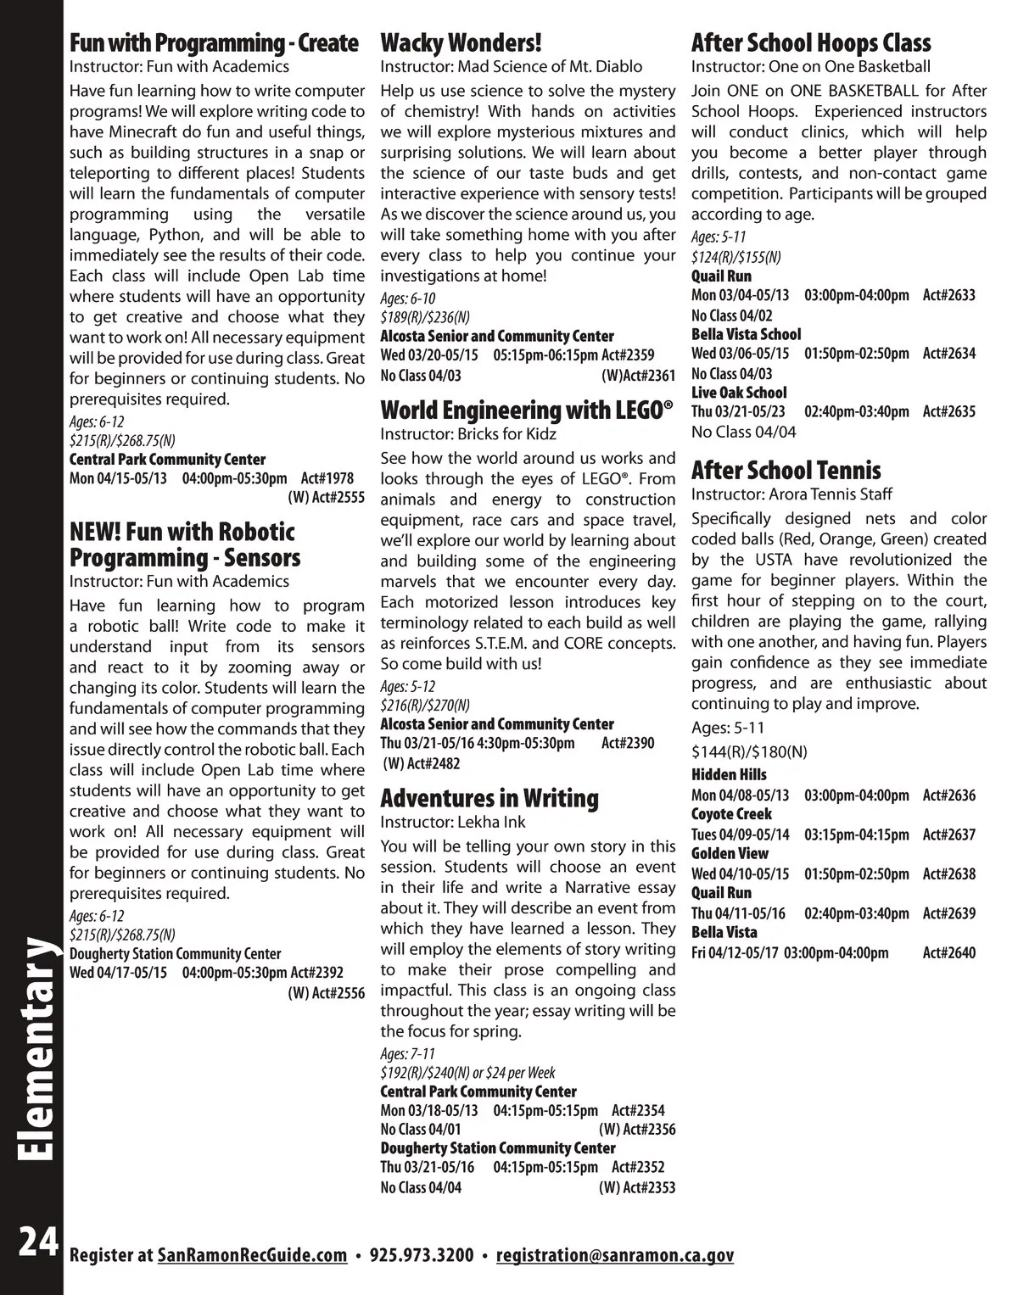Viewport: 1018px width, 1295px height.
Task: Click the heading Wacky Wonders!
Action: coord(461,42)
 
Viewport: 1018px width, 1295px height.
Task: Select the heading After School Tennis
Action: coord(786,471)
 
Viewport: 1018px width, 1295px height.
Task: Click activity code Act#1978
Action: coord(327,479)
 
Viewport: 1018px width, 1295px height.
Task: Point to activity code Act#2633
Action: coord(948,295)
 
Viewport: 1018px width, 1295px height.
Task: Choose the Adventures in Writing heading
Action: coord(489,798)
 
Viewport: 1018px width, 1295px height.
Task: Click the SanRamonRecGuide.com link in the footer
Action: coord(253,1256)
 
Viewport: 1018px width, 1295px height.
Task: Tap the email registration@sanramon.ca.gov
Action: coord(614,1256)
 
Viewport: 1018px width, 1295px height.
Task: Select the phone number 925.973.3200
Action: coord(422,1256)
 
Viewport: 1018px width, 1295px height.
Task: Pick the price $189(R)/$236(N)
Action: coord(424,317)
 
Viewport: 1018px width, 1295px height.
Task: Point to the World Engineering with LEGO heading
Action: coord(526,410)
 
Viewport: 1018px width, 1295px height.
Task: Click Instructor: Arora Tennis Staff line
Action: coord(791,494)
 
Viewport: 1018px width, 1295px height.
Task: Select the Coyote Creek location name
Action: coord(731,814)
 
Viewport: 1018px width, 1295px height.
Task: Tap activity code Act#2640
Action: coord(948,952)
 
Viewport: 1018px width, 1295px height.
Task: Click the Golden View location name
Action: coord(730,853)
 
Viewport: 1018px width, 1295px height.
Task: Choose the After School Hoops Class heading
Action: coord(810,42)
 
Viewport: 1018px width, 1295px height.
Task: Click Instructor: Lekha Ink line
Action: coord(452,822)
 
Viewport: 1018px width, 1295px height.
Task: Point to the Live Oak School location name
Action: coord(739,393)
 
